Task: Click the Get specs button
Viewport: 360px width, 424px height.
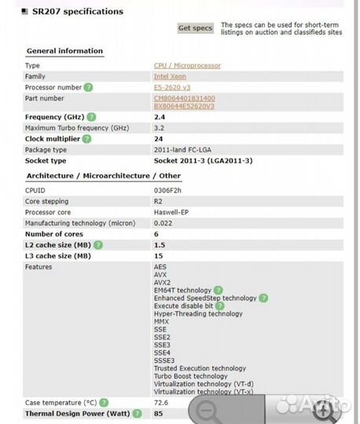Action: pos(195,28)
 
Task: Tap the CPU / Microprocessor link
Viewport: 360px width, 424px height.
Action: pos(187,66)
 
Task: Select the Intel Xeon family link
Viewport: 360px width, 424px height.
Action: pos(170,77)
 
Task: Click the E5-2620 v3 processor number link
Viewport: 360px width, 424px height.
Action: pos(171,88)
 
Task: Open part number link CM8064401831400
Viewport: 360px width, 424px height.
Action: pos(184,98)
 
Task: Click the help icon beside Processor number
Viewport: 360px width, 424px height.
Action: pos(89,88)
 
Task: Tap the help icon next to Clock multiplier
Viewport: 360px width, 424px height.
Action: pos(86,139)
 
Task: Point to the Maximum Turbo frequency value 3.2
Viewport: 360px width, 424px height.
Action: pos(160,128)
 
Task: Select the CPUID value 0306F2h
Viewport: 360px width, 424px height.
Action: pos(168,191)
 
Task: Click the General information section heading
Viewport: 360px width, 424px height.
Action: pos(64,51)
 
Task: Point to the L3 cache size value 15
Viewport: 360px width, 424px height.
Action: pos(159,256)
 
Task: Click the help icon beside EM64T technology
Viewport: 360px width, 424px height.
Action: pos(218,291)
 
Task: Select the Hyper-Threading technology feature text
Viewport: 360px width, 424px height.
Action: pos(198,314)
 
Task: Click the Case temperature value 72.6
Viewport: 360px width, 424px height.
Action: pos(161,402)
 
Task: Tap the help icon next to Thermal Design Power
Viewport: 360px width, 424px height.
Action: pos(138,413)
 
